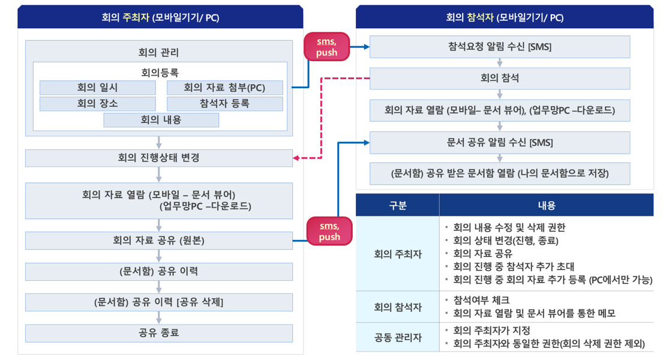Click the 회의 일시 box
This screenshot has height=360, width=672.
(97, 88)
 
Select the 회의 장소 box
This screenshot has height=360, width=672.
(97, 104)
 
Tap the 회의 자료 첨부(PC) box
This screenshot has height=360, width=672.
(224, 88)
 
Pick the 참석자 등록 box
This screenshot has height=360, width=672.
(224, 104)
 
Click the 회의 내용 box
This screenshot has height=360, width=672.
(161, 120)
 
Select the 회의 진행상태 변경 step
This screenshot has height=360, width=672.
(159, 158)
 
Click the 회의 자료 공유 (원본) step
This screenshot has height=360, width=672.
(159, 241)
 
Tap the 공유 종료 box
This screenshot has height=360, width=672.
(159, 333)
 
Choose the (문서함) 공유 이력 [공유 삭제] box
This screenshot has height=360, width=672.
(159, 302)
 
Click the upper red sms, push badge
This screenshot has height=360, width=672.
(327, 47)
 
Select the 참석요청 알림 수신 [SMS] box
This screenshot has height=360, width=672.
(499, 47)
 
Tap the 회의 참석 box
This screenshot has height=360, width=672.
(499, 78)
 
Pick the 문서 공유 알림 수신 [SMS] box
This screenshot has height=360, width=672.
(499, 143)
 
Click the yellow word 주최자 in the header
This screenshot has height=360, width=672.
(136, 17)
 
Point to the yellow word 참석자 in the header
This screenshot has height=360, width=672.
(479, 17)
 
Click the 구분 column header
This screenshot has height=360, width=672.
(397, 205)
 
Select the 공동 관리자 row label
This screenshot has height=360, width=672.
(397, 338)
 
